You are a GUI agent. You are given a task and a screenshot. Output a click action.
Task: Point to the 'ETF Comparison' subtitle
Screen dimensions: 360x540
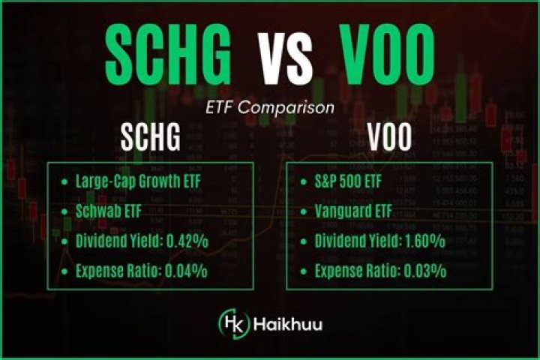pos(270,108)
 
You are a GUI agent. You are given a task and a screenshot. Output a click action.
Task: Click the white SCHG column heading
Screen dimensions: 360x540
pos(151,139)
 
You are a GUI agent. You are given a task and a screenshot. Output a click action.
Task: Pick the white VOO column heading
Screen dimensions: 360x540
pos(390,139)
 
